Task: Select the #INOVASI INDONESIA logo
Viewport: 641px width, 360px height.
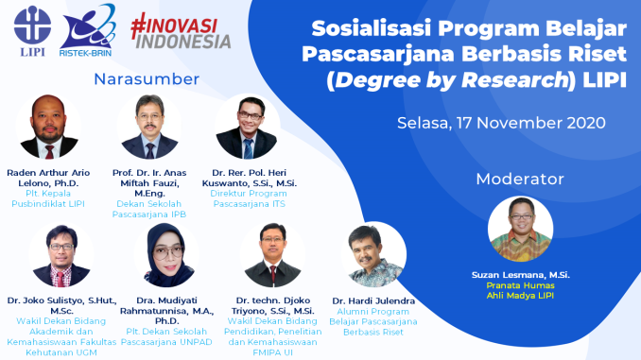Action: [180, 29]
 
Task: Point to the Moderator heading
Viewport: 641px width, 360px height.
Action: [520, 178]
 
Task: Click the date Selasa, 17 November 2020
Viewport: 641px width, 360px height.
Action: [500, 123]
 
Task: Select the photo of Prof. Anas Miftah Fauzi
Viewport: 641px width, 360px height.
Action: [148, 128]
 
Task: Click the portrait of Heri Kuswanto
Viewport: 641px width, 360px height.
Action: [247, 128]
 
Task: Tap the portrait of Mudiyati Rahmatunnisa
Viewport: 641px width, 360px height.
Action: [165, 255]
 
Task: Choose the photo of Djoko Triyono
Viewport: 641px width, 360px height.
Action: [271, 255]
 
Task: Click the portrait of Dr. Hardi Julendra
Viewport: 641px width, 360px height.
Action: [374, 255]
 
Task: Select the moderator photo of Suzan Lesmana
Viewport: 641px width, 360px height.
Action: [520, 229]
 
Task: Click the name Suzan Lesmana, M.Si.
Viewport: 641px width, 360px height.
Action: [520, 275]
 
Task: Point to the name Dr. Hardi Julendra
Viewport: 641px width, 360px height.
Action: [375, 300]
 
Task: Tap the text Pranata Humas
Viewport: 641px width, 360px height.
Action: [520, 284]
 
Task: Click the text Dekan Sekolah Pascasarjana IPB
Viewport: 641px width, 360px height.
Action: [148, 209]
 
